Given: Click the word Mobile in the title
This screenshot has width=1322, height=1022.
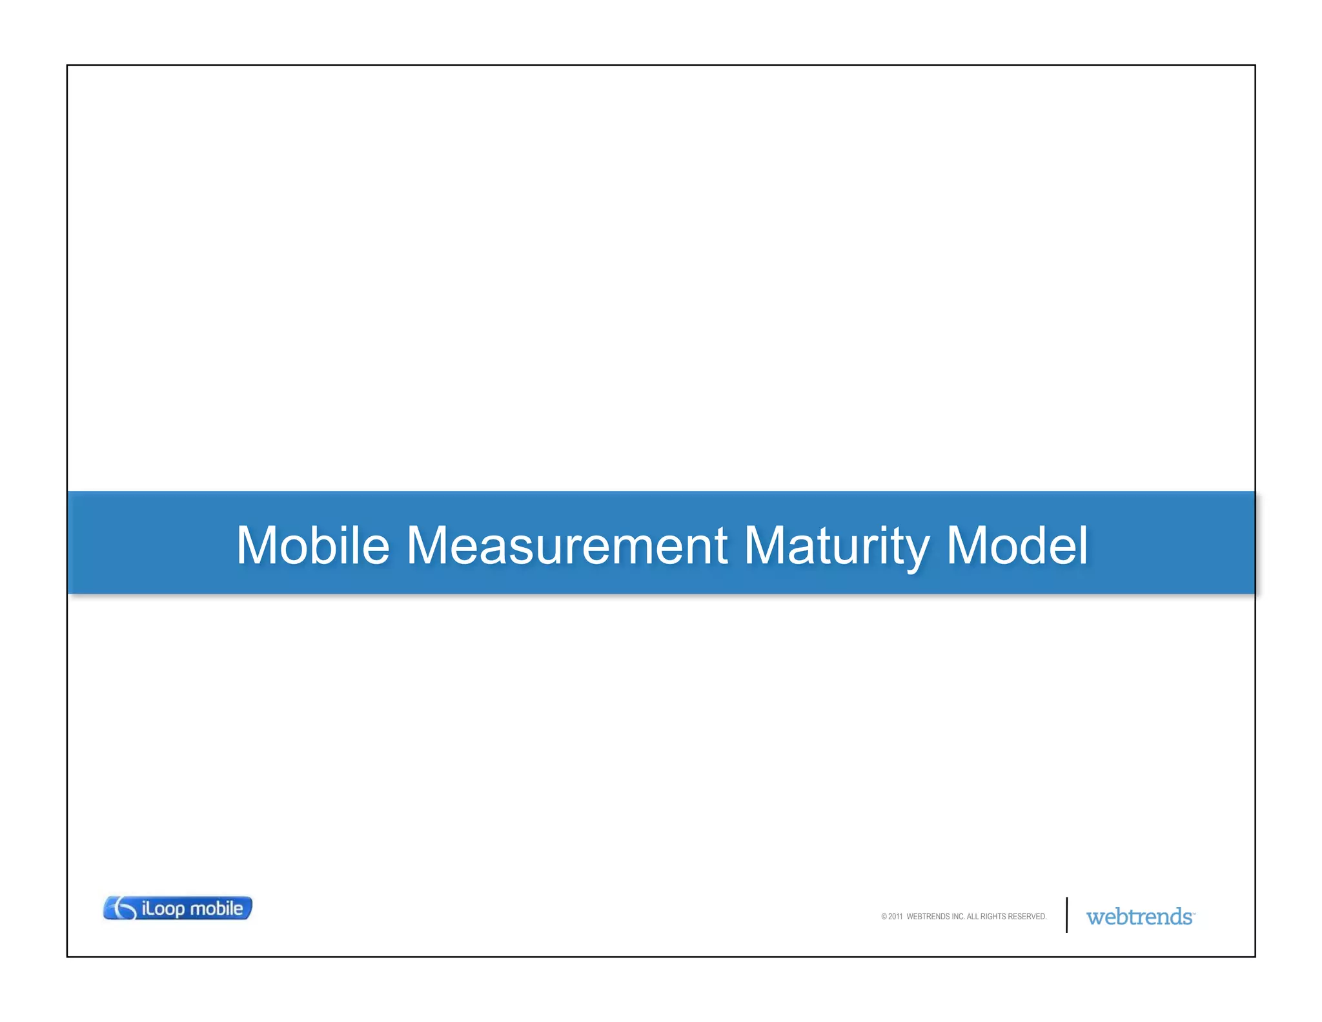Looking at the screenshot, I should coord(313,546).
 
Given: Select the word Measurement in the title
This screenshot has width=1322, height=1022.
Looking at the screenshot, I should coord(567,546).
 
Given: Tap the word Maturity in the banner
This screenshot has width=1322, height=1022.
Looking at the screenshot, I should coord(836,546).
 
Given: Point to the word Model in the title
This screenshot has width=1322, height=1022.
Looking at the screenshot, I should coord(1017,546).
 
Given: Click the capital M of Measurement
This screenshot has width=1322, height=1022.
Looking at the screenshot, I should coord(429,546).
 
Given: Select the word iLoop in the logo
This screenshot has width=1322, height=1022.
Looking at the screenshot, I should coord(163,909).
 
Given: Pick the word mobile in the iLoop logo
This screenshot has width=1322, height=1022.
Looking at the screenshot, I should coord(216,908).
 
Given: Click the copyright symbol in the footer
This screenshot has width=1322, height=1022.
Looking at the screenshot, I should coord(884,917).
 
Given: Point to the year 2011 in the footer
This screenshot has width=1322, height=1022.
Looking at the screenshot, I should coord(895,917).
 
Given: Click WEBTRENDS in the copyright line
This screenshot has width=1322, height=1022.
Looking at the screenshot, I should coord(928,917).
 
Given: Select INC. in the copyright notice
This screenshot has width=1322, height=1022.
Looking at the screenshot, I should coord(958,917).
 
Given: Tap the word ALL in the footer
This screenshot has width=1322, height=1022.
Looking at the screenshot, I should coord(972,917).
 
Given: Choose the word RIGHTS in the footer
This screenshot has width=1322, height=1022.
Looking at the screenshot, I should coord(993,917).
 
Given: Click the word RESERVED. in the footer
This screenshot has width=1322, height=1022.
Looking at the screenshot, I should coord(1028,917).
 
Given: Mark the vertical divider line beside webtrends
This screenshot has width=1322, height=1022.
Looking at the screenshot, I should coord(1066,915).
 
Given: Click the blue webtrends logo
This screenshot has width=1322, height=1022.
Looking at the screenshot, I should coord(1139,917).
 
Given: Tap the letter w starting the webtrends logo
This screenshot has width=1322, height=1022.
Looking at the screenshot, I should coord(1095,918).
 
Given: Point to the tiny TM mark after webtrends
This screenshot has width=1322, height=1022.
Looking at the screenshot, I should coord(1194,913).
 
